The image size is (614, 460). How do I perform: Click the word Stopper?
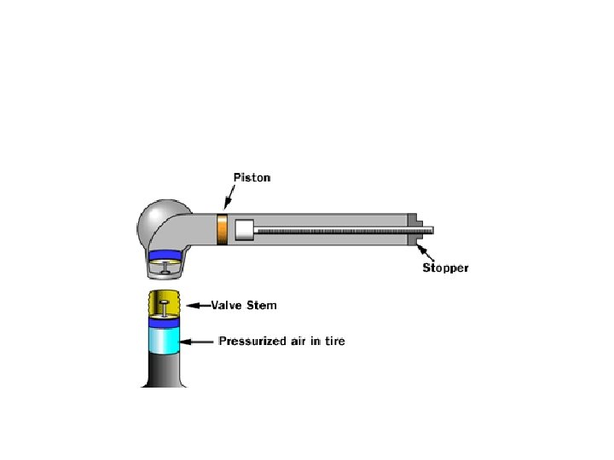click(x=445, y=268)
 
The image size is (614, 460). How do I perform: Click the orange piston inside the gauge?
click(x=223, y=230)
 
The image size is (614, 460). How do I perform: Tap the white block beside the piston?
click(x=244, y=230)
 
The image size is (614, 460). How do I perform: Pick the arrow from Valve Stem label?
click(x=200, y=304)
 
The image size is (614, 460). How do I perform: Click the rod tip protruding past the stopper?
click(x=428, y=230)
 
